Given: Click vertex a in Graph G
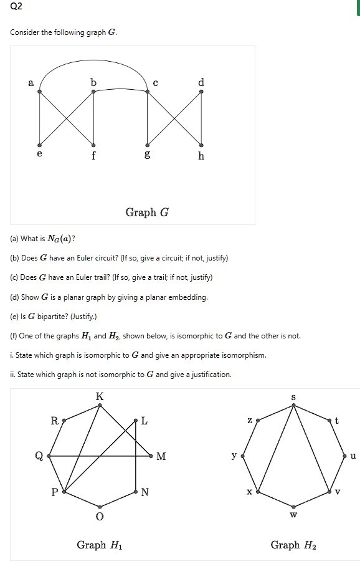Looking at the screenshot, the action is (40, 92).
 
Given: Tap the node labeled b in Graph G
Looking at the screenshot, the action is (94, 92).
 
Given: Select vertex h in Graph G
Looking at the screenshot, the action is (201, 143).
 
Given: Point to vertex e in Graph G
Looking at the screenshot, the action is (40, 143).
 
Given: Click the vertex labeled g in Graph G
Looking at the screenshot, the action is (147, 143).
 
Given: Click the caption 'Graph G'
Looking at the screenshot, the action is (147, 213).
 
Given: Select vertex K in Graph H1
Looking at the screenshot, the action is (100, 406).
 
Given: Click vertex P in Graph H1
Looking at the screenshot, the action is (63, 492).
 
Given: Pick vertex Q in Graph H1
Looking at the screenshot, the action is (48, 456).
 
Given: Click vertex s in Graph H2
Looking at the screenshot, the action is (294, 406).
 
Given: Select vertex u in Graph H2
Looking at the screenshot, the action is (344, 456).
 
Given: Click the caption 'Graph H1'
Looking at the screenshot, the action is (100, 545).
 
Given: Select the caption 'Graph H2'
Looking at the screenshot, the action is (293, 545).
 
